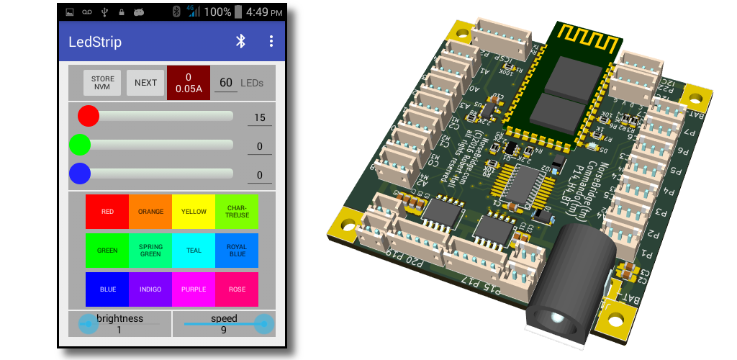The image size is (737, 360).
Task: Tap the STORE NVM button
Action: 101,83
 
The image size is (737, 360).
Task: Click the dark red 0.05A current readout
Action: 188,83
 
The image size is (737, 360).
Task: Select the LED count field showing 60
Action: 226,83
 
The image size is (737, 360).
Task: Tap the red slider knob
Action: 89,116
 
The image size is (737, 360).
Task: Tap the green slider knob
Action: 80,145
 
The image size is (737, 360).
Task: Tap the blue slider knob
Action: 80,174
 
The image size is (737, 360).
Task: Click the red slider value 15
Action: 260,117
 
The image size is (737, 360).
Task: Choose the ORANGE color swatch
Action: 150,212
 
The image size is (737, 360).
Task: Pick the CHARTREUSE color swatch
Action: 237,212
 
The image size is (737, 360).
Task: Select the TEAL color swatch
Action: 194,251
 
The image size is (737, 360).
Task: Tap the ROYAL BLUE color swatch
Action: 237,251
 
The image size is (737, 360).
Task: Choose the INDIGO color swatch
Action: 150,289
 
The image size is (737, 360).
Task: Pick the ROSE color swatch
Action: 237,289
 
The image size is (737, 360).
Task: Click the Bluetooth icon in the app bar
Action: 241,41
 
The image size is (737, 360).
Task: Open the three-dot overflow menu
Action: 271,41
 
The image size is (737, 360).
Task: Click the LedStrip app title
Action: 95,41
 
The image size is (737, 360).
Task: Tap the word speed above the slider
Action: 224,318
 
